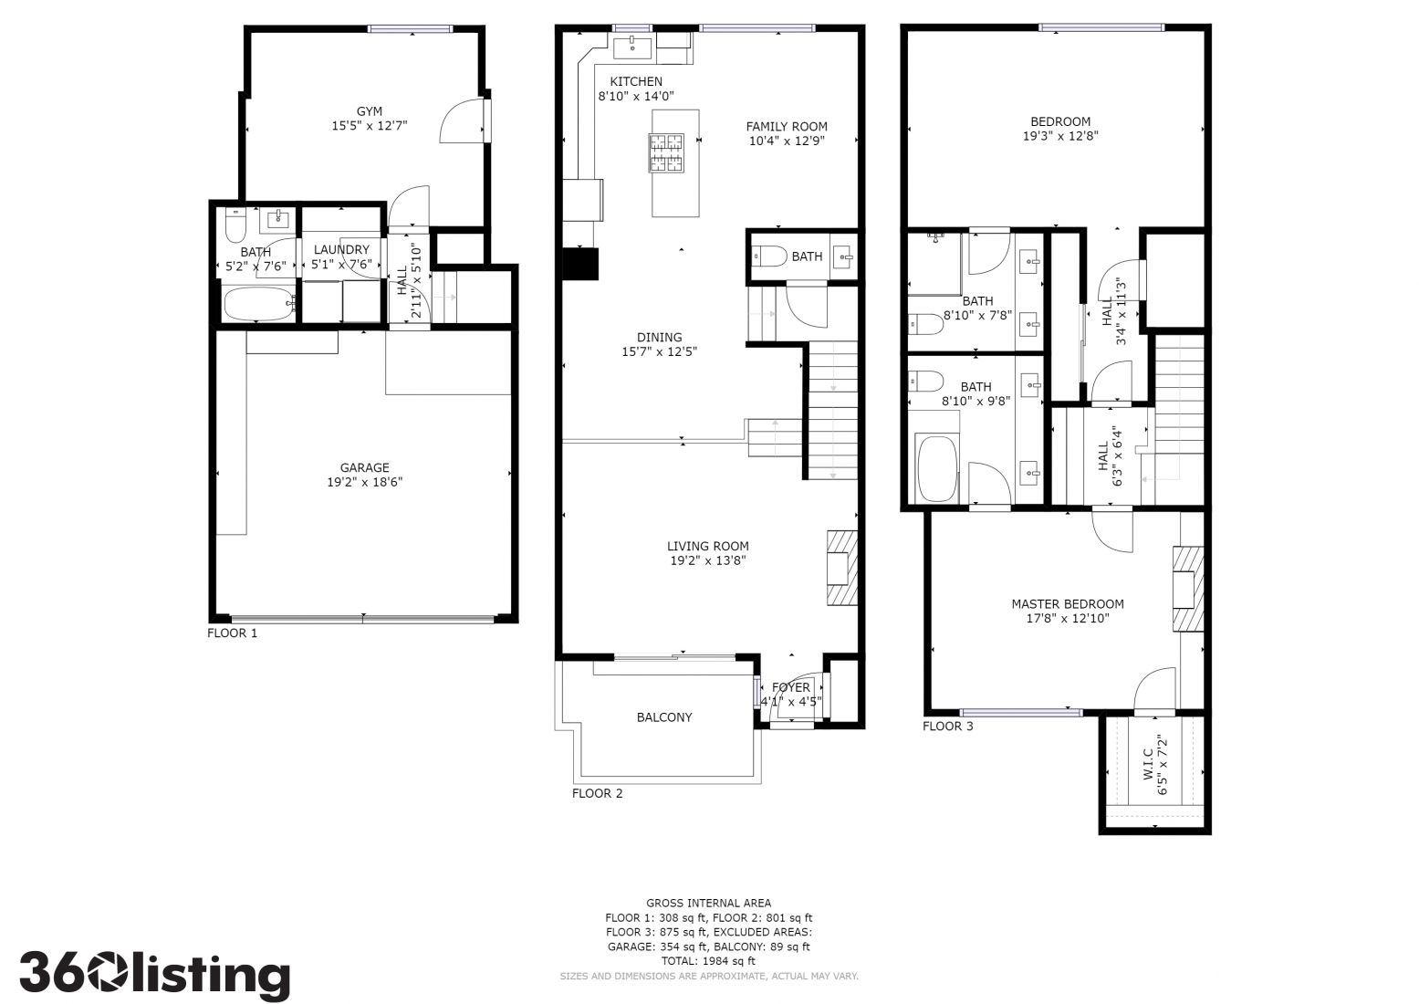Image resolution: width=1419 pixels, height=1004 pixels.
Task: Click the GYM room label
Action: (x=370, y=111)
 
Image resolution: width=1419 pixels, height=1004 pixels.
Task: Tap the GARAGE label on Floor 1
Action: (x=364, y=467)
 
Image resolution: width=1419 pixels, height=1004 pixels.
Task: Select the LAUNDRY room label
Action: (x=341, y=249)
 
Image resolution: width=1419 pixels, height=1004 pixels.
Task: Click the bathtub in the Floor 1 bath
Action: (x=260, y=305)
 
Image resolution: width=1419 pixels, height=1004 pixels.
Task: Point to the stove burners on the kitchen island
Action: (x=666, y=153)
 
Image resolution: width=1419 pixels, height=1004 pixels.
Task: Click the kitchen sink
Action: (x=632, y=47)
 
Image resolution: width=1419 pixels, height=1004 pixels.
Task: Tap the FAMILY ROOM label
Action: (x=786, y=127)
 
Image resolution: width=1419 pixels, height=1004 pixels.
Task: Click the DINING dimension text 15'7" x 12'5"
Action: (x=660, y=351)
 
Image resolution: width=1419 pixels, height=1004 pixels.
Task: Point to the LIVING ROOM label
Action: (x=707, y=546)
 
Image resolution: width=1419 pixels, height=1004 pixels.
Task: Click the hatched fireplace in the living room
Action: (x=842, y=568)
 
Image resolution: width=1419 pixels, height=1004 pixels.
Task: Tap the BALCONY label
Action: (x=664, y=717)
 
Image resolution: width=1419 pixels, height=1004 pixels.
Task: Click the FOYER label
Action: (x=790, y=687)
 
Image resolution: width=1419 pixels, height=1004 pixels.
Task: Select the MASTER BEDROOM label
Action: (x=1068, y=604)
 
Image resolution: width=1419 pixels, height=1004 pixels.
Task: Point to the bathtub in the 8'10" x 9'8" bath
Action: (x=938, y=467)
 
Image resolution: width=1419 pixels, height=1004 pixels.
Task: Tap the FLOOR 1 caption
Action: (x=233, y=633)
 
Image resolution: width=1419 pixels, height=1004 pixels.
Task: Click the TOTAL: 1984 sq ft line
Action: (x=708, y=961)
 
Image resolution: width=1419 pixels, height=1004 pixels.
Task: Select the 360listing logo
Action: (x=155, y=974)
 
